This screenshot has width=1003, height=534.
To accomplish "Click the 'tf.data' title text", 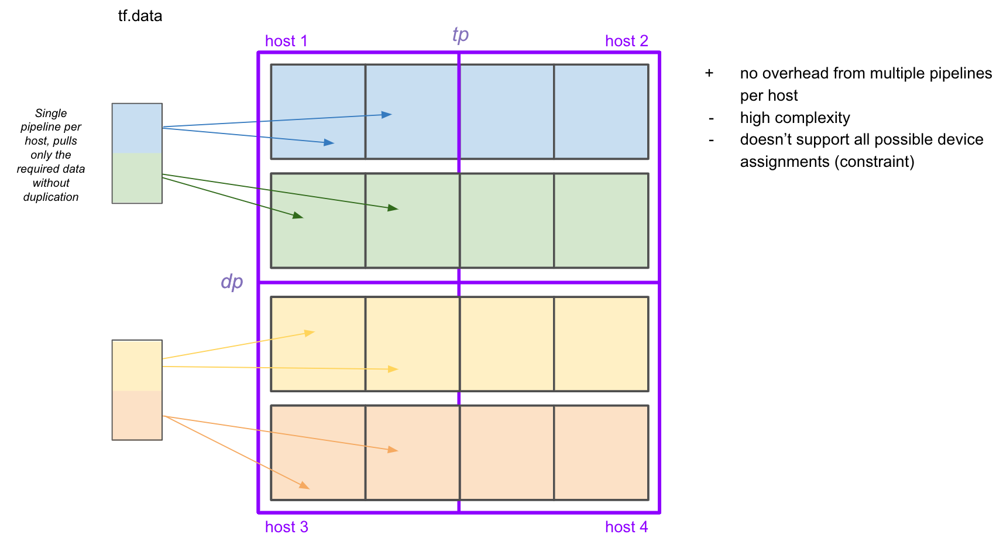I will point(140,16).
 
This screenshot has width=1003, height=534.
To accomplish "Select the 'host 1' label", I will point(286,41).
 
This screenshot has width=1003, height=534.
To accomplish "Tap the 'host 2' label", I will point(626,41).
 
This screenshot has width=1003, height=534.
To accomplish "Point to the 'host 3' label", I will point(286,527).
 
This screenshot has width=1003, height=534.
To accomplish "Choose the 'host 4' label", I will point(626,527).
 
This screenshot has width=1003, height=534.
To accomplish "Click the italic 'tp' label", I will point(461,35).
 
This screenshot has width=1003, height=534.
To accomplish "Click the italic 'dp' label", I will point(232,282).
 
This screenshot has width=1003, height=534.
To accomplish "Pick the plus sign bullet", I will point(709,73).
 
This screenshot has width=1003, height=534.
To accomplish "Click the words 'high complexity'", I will point(795,118).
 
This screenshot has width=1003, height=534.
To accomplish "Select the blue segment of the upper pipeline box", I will point(137,128).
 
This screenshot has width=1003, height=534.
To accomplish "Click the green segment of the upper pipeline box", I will point(137,178).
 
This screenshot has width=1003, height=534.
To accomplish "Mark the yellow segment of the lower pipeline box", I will point(137,365).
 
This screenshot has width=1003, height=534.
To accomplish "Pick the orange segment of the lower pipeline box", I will point(137,415).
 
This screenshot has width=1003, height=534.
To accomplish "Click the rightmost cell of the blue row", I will point(601,111).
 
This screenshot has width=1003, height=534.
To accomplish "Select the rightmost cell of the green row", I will point(601,220).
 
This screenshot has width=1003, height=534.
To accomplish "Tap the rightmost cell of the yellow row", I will point(601,344).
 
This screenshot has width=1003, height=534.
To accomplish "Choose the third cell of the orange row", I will point(507,453).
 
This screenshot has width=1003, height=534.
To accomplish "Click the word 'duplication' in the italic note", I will point(51,197).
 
